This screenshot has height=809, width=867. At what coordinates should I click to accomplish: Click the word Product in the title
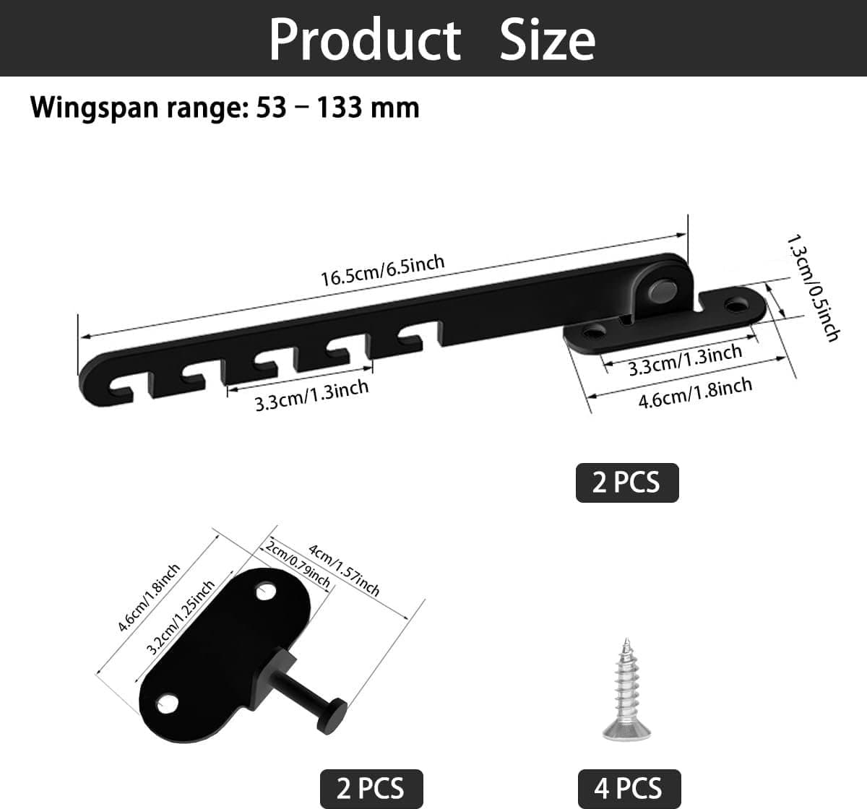365,39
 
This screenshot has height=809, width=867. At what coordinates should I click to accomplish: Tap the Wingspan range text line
225,108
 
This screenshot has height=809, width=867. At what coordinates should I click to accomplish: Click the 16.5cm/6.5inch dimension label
383,271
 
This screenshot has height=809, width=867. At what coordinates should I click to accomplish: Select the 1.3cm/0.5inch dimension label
813,289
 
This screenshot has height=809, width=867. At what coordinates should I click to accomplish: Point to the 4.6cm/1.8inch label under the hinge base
696,393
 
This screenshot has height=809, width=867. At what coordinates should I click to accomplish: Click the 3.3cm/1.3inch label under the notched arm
311,396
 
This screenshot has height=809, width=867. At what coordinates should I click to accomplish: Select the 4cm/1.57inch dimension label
344,570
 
